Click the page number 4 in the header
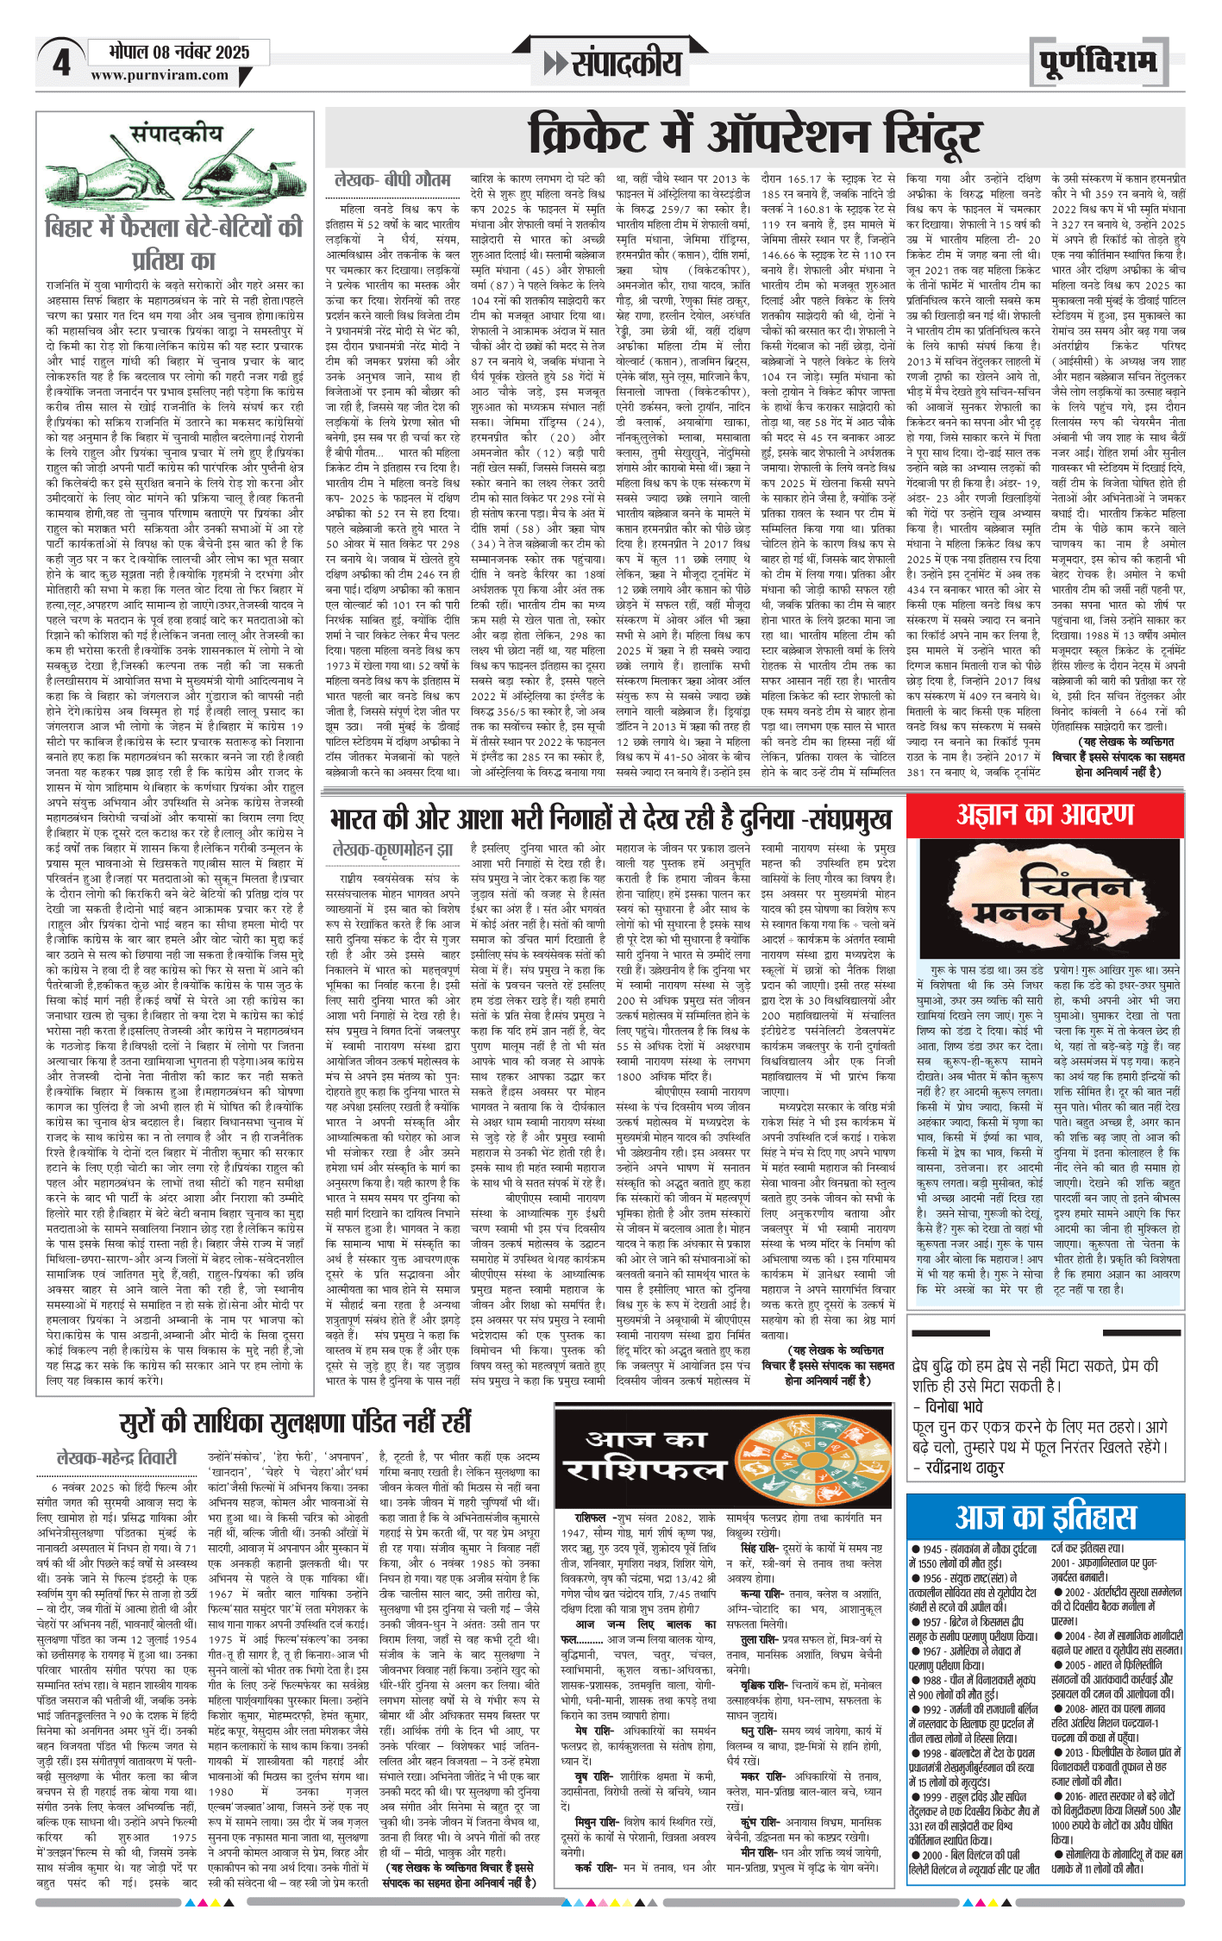(x=61, y=63)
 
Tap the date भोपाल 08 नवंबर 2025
(x=179, y=52)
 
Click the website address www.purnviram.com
(x=160, y=75)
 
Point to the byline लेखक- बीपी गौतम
(x=392, y=180)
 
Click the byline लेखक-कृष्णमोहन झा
(x=392, y=850)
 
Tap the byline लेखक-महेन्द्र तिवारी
(x=116, y=1457)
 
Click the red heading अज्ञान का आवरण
(x=1044, y=814)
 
